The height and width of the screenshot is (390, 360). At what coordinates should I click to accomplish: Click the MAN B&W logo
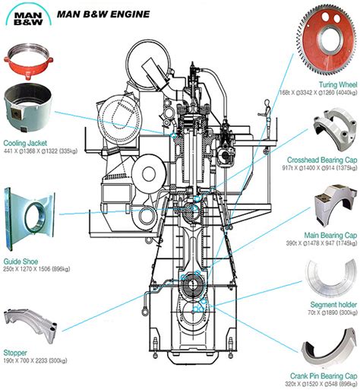(x=28, y=14)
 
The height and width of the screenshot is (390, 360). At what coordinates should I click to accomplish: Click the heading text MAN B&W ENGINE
(x=103, y=14)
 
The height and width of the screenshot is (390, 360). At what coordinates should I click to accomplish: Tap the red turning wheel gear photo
(x=327, y=39)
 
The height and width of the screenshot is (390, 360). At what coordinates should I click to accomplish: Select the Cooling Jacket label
(x=25, y=143)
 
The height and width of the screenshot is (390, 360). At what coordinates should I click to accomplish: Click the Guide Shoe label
(x=21, y=262)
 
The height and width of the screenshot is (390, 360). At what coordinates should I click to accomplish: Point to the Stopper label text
(x=15, y=353)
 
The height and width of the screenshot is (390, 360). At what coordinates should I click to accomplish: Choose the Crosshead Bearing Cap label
(x=322, y=160)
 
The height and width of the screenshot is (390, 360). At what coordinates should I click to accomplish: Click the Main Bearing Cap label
(x=330, y=235)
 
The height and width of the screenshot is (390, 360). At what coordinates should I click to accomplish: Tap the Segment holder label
(x=333, y=304)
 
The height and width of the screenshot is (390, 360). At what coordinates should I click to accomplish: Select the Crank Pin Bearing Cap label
(x=324, y=376)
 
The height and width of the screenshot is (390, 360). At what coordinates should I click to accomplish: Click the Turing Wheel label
(x=338, y=84)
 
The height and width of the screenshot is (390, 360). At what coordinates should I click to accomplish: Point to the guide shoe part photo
(x=29, y=219)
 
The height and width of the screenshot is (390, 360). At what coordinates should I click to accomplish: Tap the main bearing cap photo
(x=333, y=205)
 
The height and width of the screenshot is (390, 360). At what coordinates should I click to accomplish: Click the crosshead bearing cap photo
(x=335, y=128)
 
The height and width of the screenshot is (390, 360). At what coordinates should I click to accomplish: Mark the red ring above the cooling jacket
(x=28, y=66)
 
